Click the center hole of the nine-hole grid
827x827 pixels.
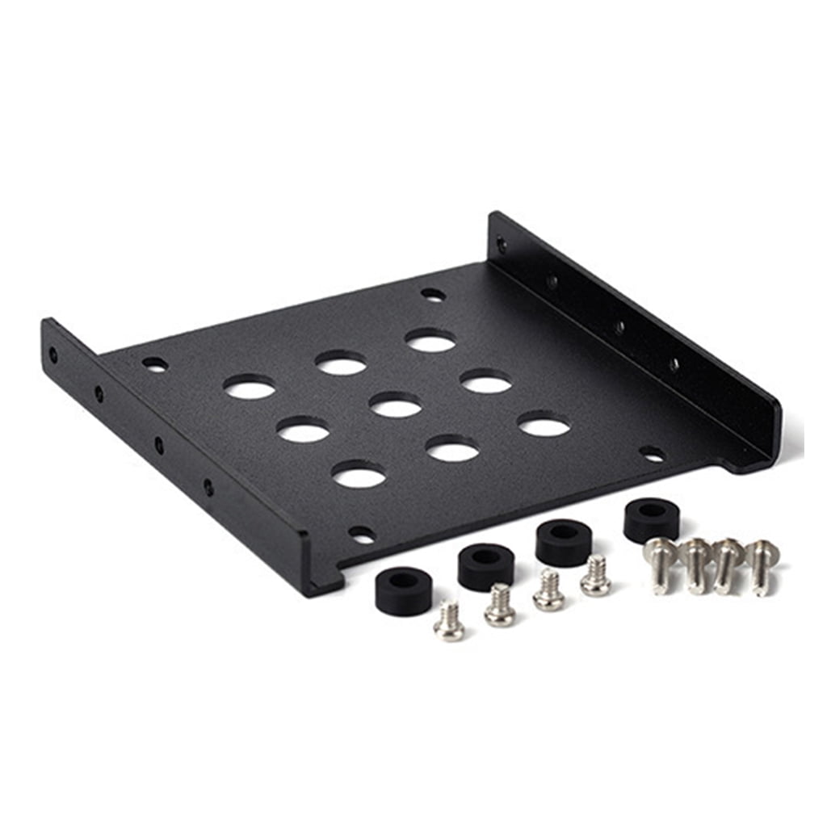click(396, 405)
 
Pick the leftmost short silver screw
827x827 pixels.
click(449, 622)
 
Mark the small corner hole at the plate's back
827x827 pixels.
click(433, 295)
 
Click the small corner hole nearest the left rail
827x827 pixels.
click(155, 365)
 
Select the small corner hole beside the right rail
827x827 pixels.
click(652, 455)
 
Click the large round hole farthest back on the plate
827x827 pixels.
click(430, 340)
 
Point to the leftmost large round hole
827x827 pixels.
click(250, 387)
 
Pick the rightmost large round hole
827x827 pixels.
click(544, 424)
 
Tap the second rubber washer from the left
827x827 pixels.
click(486, 566)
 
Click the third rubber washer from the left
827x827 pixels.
click(563, 542)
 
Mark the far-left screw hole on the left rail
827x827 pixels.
click(53, 354)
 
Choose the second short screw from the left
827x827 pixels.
click(500, 606)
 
